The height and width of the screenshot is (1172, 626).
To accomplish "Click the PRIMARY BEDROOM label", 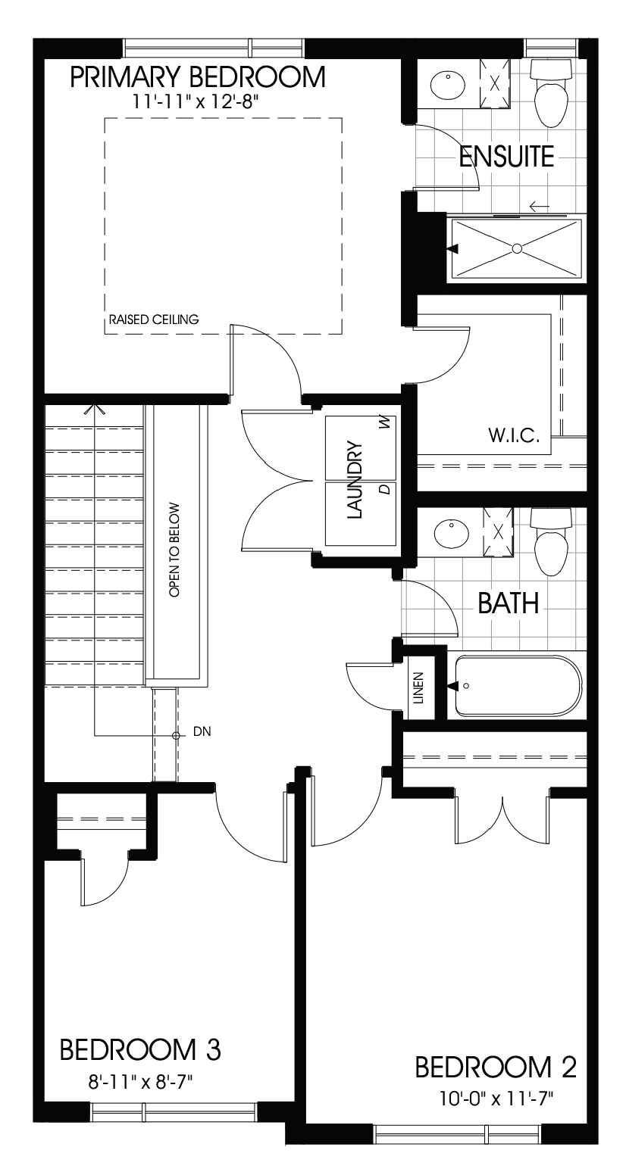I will (x=199, y=77).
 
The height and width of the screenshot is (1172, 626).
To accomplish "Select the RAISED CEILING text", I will (x=154, y=319).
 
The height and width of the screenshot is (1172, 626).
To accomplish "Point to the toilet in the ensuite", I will (x=551, y=95).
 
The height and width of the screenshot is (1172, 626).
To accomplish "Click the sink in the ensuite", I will (x=448, y=85).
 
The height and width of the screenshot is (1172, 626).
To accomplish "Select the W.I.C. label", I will (x=514, y=437).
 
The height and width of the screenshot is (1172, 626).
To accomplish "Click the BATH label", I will (x=508, y=603).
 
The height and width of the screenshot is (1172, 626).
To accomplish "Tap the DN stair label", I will (x=202, y=732).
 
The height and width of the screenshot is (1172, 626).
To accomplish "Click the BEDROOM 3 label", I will (x=140, y=1049).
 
